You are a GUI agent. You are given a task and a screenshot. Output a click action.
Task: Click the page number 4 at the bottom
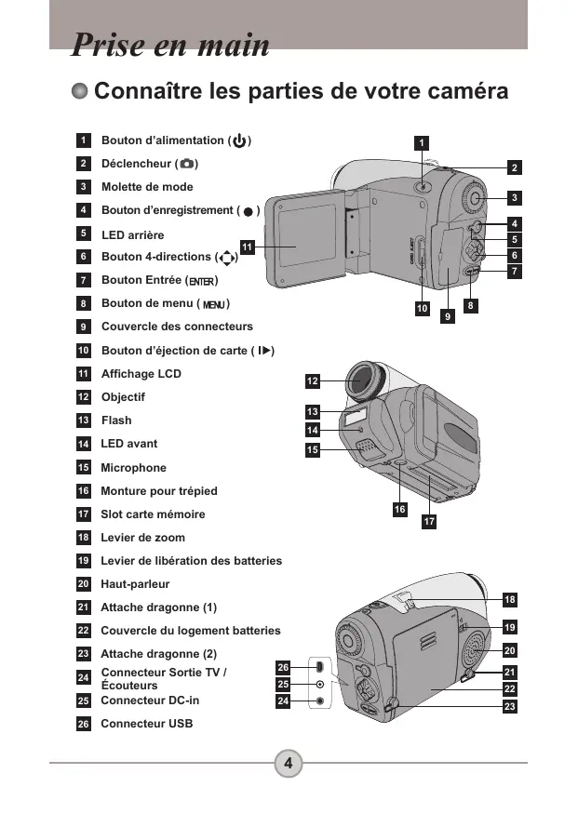click(x=289, y=763)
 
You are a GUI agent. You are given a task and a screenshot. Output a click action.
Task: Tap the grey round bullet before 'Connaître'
click(x=79, y=91)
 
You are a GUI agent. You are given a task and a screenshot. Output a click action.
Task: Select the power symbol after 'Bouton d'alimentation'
click(x=239, y=140)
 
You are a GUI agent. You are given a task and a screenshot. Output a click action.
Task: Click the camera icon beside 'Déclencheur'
click(x=186, y=164)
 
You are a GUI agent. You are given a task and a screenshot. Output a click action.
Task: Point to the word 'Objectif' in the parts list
click(x=123, y=397)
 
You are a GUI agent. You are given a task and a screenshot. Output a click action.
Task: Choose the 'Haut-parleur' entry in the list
click(x=135, y=584)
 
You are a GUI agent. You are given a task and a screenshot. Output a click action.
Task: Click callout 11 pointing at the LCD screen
click(x=248, y=247)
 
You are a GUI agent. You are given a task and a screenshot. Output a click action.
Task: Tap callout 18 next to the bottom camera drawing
click(x=510, y=600)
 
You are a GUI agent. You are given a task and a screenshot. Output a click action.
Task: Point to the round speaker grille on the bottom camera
click(x=474, y=649)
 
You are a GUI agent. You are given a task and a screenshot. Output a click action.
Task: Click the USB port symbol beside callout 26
click(x=320, y=667)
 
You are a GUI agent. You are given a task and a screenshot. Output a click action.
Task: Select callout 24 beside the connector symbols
click(x=283, y=701)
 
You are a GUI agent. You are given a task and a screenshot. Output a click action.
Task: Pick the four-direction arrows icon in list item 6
click(x=227, y=258)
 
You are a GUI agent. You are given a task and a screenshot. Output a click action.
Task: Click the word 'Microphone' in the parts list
click(x=133, y=468)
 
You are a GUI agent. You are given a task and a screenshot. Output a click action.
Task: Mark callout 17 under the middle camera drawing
click(x=429, y=521)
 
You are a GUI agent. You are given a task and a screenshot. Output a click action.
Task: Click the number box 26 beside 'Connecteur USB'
click(x=84, y=724)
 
